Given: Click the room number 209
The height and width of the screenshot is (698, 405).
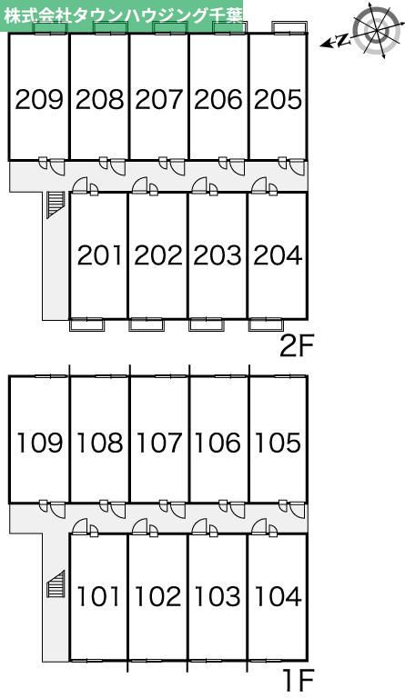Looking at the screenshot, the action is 39,99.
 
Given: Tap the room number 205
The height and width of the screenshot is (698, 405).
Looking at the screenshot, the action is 278,99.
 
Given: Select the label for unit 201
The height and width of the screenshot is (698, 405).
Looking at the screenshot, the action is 99,255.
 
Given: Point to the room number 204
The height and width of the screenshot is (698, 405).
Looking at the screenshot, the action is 278,255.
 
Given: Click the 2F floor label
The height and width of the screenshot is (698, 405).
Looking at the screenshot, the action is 298,347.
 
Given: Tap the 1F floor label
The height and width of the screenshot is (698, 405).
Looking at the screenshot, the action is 299,680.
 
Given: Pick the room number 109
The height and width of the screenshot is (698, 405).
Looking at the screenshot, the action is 39,443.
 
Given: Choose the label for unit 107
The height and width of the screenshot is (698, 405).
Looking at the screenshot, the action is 159,443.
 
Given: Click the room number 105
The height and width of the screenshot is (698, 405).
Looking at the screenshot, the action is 278,443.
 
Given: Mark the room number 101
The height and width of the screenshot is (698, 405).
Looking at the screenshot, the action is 99,596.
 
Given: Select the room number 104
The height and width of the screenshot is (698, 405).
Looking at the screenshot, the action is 278,596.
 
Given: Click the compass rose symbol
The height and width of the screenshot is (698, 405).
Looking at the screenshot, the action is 377,29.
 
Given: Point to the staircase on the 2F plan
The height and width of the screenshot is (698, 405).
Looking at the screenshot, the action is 56,204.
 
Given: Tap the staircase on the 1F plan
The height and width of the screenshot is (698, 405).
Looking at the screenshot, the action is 56,583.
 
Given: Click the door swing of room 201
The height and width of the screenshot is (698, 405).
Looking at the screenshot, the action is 80,185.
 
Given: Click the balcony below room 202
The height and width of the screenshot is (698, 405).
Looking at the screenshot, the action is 147,324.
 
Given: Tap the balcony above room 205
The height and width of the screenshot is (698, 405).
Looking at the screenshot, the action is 289,26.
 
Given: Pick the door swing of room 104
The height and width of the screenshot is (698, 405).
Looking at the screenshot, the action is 259,526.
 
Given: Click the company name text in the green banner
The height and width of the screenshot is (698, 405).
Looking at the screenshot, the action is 124,15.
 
